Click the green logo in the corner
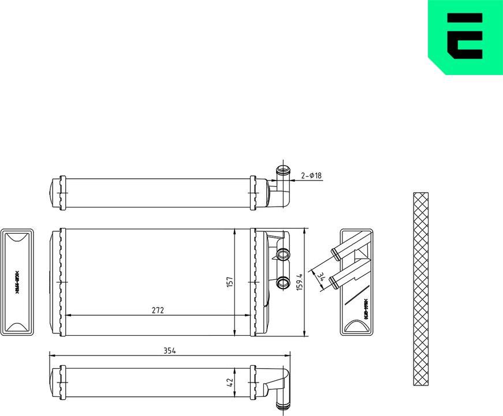coord(465,38)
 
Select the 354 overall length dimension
coord(169,350)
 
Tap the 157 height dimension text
coord(229,282)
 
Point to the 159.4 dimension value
coord(299,282)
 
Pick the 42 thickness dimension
coord(229,382)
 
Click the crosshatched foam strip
coord(422,288)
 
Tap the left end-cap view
coord(18,281)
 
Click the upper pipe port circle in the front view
coord(283,254)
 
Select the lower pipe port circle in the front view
coord(283,282)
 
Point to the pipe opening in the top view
coord(283,171)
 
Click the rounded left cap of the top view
coord(55,192)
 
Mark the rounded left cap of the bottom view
coord(55,383)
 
